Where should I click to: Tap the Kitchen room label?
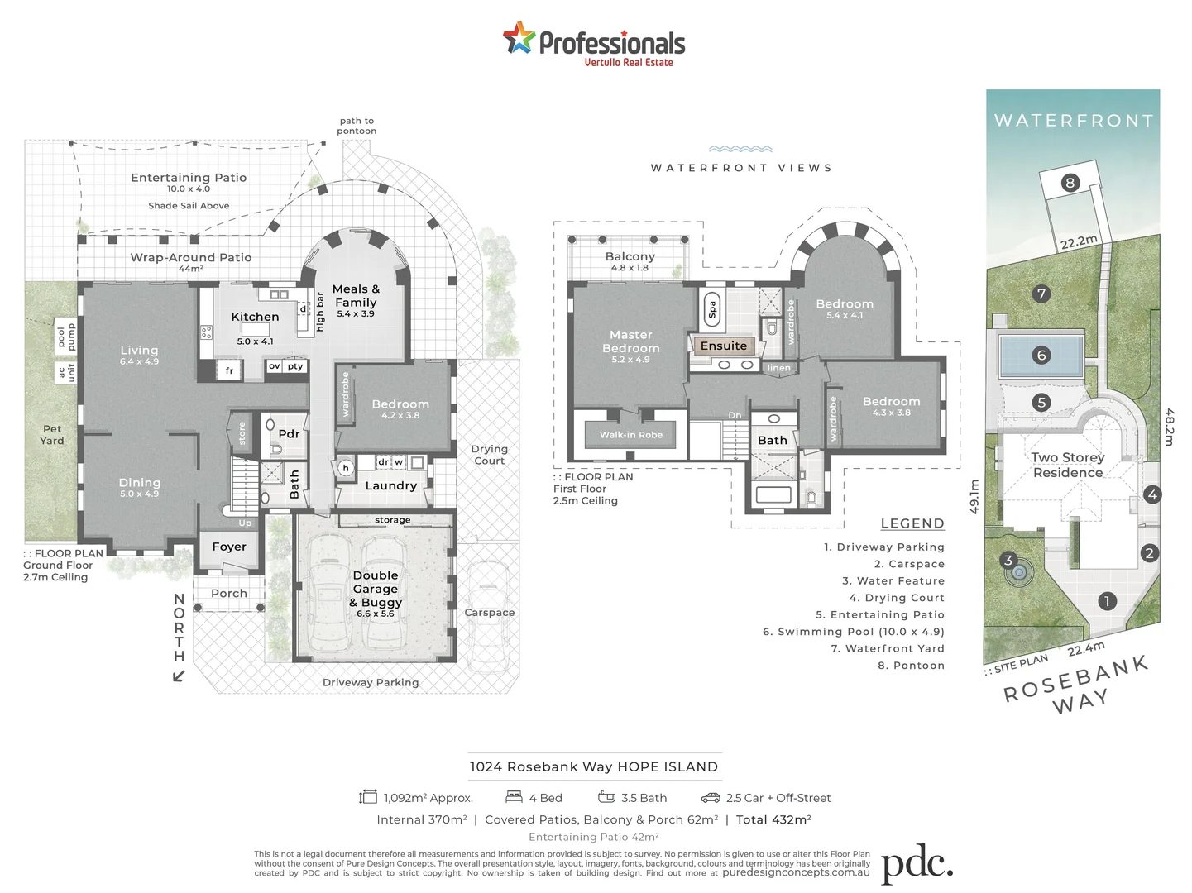[255, 317]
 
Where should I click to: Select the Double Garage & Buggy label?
[376, 590]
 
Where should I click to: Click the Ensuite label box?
[724, 346]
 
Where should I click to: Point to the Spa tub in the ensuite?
[711, 309]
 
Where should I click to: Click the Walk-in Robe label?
[631, 435]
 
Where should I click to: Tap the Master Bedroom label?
[630, 341]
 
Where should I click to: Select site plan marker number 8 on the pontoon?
[1070, 183]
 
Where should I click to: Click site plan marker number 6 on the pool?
[1041, 356]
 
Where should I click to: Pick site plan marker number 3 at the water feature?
[1008, 561]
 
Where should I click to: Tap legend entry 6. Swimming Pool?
[853, 632]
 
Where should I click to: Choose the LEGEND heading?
[912, 523]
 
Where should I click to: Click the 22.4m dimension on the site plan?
[1085, 649]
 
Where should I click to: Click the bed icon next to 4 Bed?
[514, 797]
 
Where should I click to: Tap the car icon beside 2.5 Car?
[710, 797]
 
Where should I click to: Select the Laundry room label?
[390, 486]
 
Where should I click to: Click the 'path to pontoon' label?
[357, 126]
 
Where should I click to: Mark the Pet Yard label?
[52, 434]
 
